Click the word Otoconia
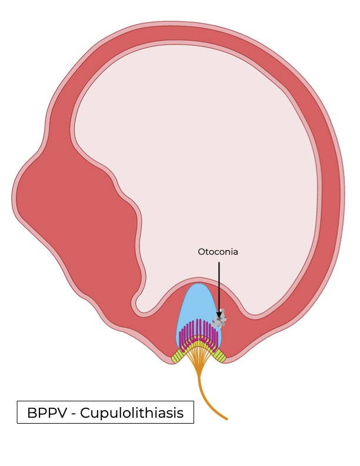click(x=218, y=252)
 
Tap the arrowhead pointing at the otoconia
click(x=219, y=314)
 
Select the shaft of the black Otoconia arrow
click(x=219, y=285)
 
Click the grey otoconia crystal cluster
click(x=220, y=321)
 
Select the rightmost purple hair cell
click(x=218, y=340)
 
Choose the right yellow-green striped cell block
click(x=220, y=355)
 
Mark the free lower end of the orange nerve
click(x=226, y=419)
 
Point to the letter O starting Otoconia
click(x=201, y=252)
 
